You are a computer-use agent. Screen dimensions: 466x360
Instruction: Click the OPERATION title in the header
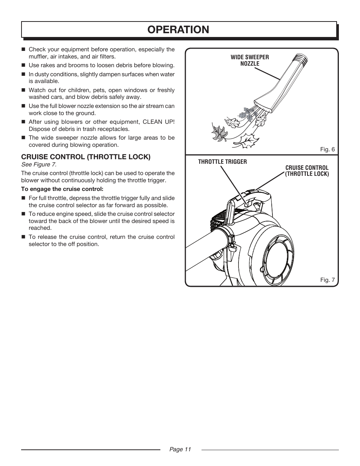tap(179, 29)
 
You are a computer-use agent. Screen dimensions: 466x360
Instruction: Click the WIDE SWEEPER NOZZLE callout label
tap(250, 60)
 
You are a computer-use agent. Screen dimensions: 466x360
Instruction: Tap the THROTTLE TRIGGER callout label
tap(223, 162)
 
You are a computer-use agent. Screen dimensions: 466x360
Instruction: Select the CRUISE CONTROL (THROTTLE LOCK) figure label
tap(307, 171)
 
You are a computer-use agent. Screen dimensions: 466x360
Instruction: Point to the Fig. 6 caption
tap(327, 149)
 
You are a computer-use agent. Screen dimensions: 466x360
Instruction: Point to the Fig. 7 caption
tap(327, 280)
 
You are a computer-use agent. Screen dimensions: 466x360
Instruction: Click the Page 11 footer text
tap(180, 449)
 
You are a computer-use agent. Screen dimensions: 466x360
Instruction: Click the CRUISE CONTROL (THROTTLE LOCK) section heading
tap(86, 157)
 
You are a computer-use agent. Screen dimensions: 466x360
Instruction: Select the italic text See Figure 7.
tap(39, 165)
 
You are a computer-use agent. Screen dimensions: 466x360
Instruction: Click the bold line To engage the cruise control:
tap(62, 189)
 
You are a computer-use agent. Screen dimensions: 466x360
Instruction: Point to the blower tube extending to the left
tap(204, 249)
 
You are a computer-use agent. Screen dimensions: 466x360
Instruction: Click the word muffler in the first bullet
tap(38, 57)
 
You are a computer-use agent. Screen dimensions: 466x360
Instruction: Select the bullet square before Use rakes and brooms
tap(23, 65)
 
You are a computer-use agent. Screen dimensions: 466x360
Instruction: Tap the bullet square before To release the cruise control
tap(23, 237)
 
